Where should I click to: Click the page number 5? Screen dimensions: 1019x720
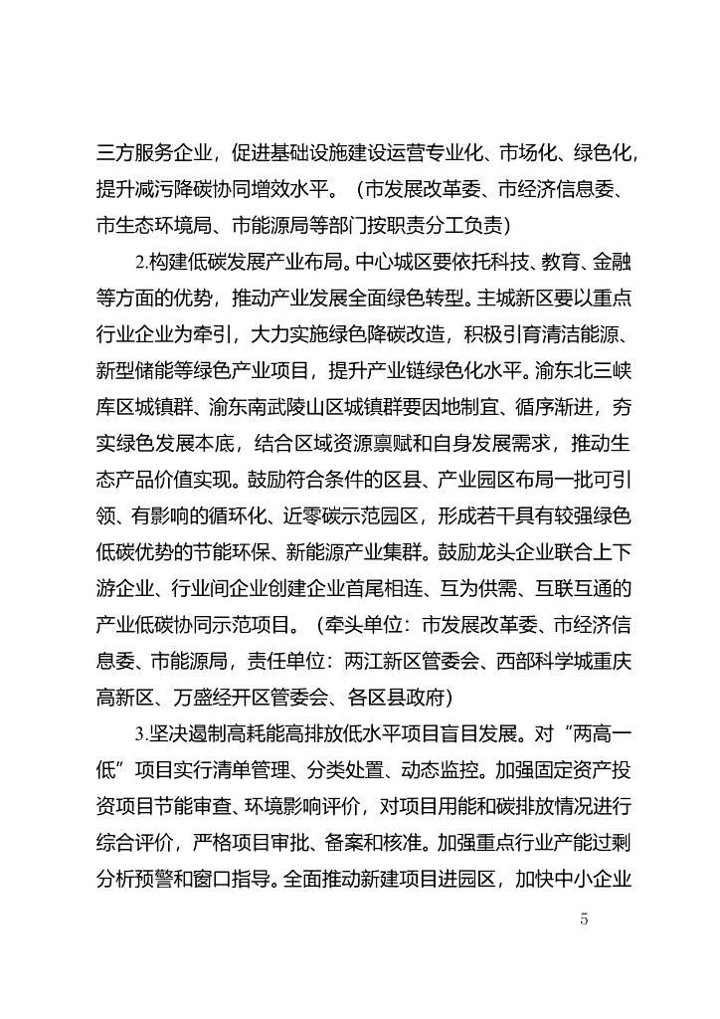tap(584, 919)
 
